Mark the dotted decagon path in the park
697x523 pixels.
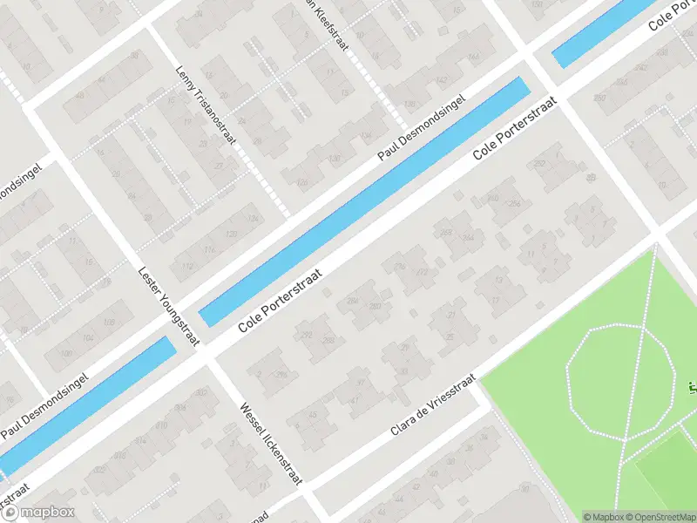pyautogui.click(x=621, y=380)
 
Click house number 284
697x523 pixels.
pyautogui.click(x=353, y=302)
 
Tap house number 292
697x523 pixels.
pyautogui.click(x=306, y=335)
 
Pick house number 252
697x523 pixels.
pyautogui.click(x=539, y=164)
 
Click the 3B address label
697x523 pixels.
pyautogui.click(x=592, y=178)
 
